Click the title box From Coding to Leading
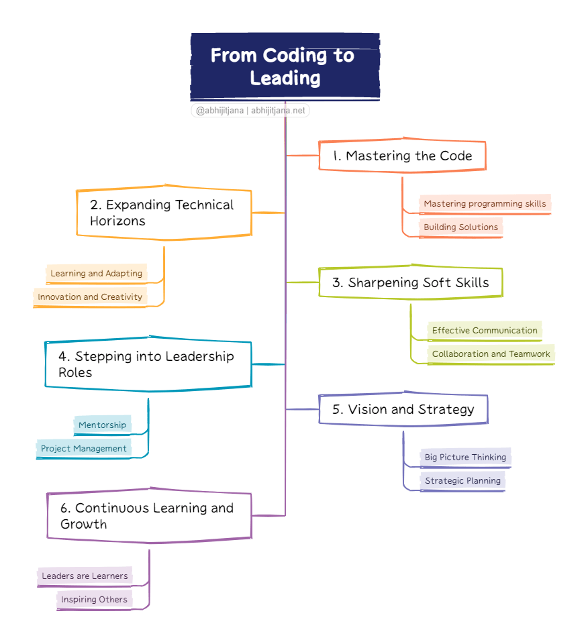[285, 66]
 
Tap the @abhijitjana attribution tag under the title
[250, 111]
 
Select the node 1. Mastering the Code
[401, 156]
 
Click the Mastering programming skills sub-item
[485, 204]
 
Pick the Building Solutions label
[460, 227]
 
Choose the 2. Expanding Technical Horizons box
[164, 213]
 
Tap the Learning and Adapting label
[97, 274]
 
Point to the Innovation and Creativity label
[90, 297]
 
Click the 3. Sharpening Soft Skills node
[410, 282]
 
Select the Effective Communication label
[485, 331]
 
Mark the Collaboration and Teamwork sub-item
[491, 354]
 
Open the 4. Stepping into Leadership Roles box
[148, 364]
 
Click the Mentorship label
[102, 425]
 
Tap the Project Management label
[84, 449]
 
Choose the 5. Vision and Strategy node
[403, 409]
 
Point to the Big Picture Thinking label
[465, 458]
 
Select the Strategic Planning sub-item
[462, 481]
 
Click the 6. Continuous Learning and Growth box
[149, 516]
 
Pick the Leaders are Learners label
[85, 576]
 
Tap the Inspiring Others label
[94, 600]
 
